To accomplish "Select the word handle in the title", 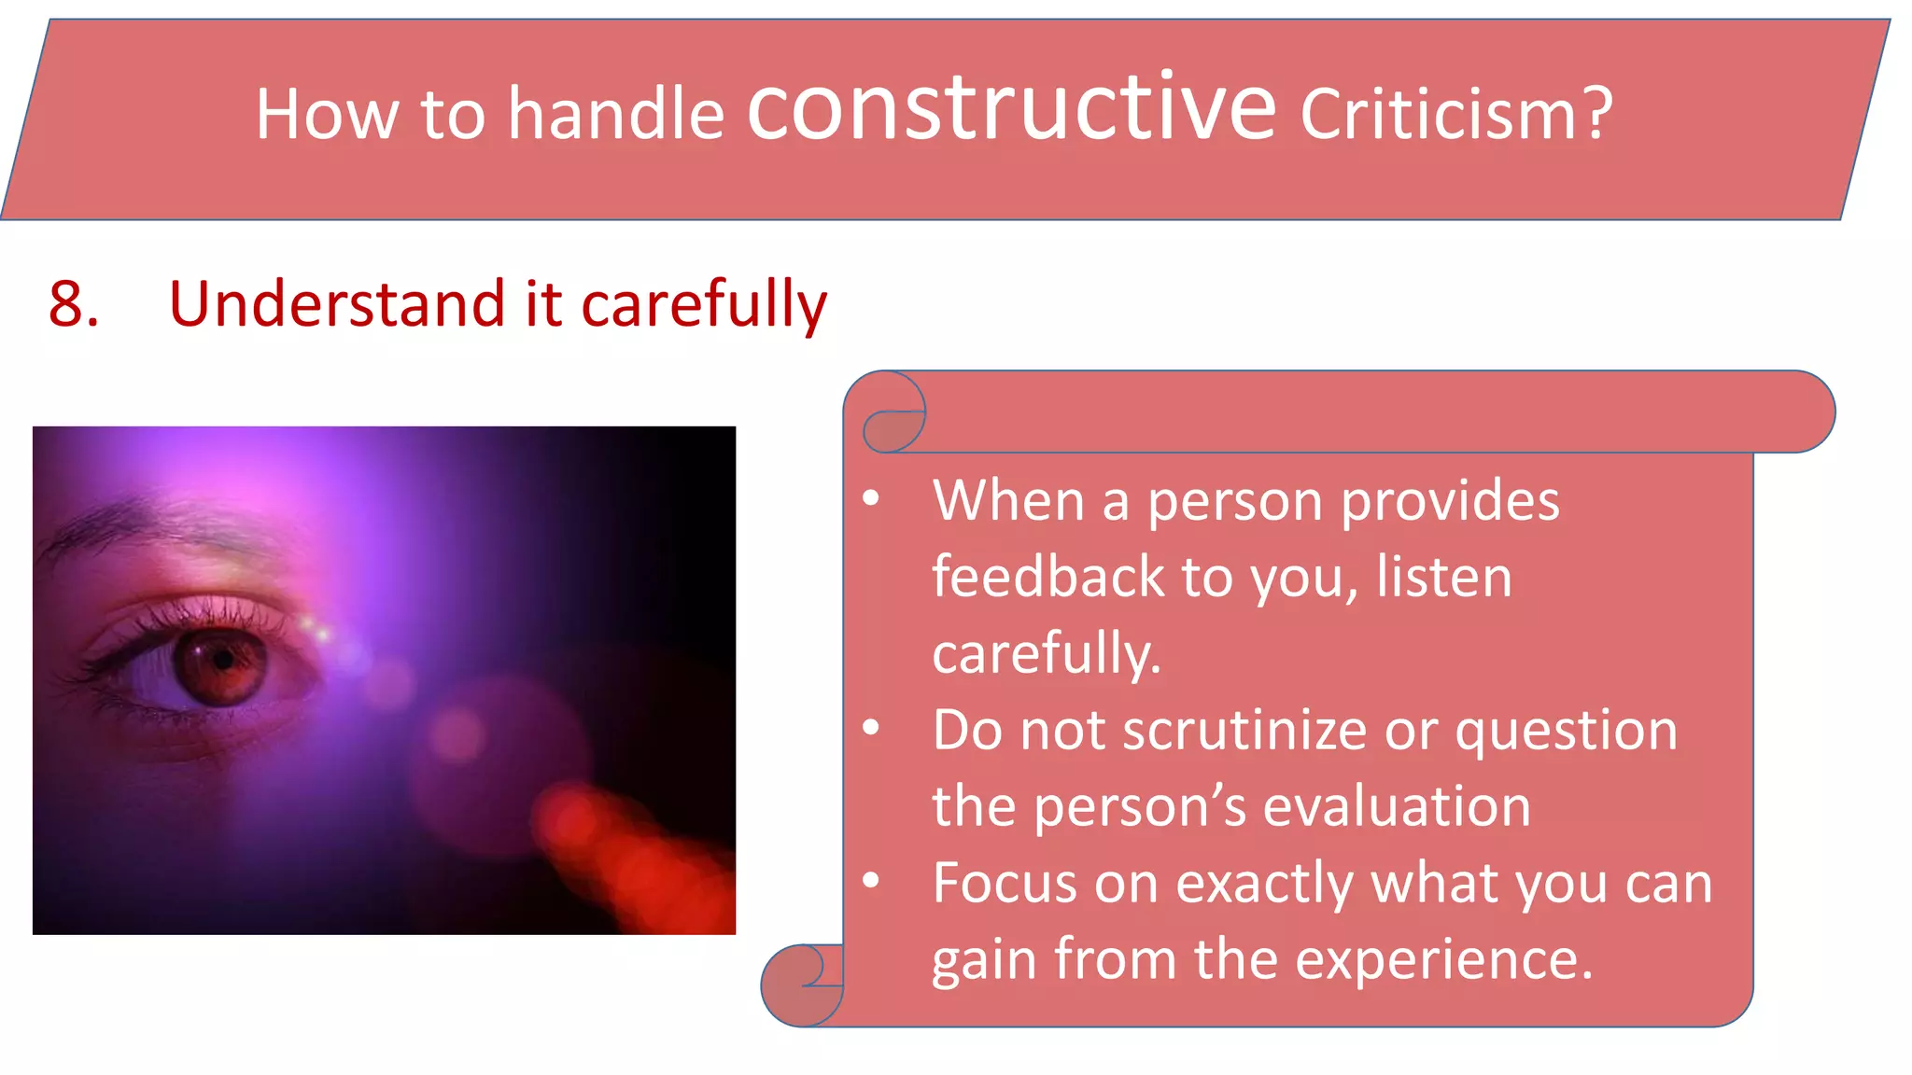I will pyautogui.click(x=615, y=114).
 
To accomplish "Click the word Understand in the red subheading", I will pyautogui.click(x=337, y=304).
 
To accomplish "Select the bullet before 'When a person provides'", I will pyautogui.click(x=871, y=499).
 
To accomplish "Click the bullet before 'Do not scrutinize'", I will pyautogui.click(x=871, y=729).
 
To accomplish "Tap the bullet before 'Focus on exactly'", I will pyautogui.click(x=871, y=881).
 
